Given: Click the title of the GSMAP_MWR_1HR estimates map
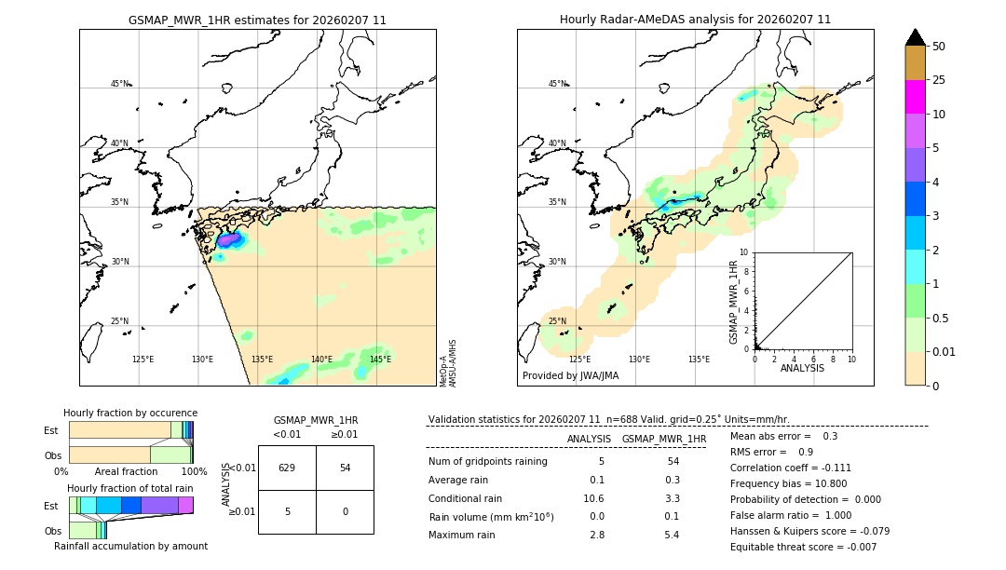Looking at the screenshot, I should [x=257, y=20].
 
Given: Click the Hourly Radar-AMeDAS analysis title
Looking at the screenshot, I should [x=695, y=20].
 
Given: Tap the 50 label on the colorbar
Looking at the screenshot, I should [x=939, y=47].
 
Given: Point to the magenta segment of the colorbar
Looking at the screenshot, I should [x=915, y=97].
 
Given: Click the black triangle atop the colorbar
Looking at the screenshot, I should [x=915, y=37].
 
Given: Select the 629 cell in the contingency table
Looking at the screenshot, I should [x=287, y=468].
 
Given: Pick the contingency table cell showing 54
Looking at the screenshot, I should [x=345, y=468].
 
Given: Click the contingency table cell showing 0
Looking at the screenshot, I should [x=345, y=511].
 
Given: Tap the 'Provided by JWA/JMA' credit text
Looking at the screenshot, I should [x=570, y=376].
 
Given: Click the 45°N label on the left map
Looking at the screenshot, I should [x=119, y=84].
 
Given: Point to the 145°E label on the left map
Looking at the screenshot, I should [x=380, y=360].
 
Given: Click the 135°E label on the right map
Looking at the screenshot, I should [x=699, y=360].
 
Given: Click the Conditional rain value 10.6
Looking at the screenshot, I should [x=592, y=498].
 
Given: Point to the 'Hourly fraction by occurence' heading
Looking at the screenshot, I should [x=130, y=413].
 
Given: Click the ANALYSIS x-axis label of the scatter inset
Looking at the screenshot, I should [x=802, y=369].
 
